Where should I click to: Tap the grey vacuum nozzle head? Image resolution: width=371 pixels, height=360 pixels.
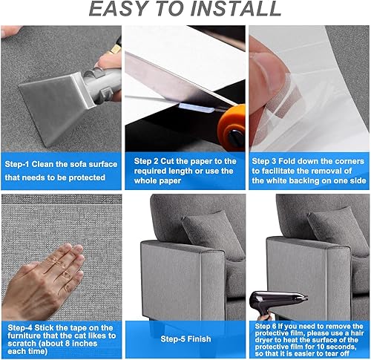pos(56,107)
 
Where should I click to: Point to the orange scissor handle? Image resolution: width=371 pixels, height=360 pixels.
pos(232,127)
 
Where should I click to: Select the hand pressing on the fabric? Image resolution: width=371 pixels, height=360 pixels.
pos(42,281)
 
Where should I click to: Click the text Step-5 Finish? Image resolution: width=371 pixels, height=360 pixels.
pos(185,338)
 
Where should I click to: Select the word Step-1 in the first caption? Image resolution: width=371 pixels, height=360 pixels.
pos(17,164)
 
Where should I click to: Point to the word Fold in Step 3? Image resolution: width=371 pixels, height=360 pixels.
pos(287,161)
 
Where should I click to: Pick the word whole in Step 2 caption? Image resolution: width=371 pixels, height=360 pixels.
pos(145,180)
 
